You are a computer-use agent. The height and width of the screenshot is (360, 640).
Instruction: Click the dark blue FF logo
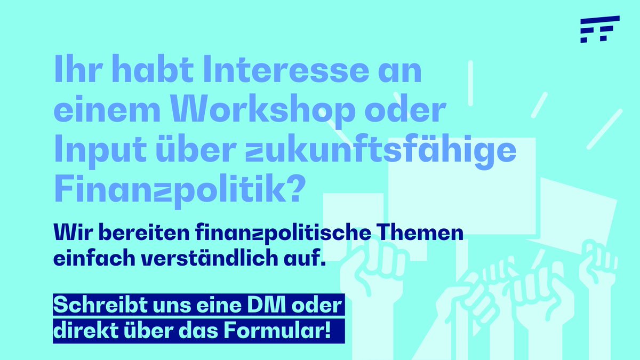pos(599,29)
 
